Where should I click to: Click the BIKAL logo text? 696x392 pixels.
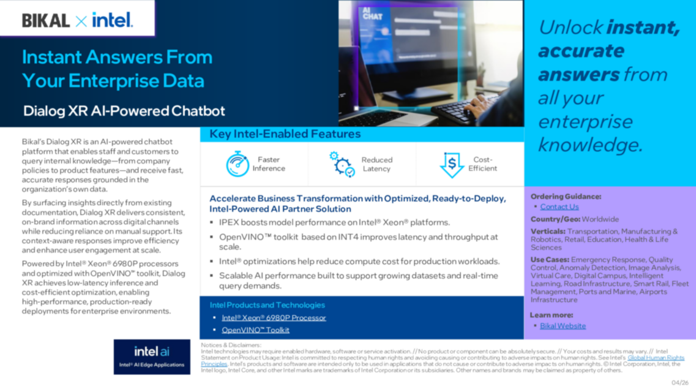click(x=46, y=20)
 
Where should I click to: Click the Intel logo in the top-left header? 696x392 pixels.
click(x=112, y=20)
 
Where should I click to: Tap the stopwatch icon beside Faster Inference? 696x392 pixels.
click(x=237, y=164)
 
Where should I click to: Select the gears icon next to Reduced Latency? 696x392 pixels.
click(x=342, y=164)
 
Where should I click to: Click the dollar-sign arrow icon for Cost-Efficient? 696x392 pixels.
click(x=452, y=164)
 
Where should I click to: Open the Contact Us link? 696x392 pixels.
click(x=559, y=207)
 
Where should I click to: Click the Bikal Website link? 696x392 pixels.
click(x=563, y=326)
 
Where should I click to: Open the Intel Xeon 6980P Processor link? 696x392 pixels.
click(x=274, y=318)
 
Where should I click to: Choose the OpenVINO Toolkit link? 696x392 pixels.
click(x=255, y=330)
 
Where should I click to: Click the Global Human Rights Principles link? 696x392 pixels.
click(x=656, y=358)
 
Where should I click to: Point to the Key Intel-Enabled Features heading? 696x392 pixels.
click(x=285, y=134)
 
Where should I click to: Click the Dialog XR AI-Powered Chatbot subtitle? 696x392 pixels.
click(x=124, y=111)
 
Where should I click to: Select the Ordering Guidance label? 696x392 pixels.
click(x=566, y=197)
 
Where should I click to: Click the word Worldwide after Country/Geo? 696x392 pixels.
click(x=600, y=219)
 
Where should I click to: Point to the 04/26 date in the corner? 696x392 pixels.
click(x=680, y=383)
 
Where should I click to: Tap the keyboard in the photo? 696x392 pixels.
click(x=462, y=110)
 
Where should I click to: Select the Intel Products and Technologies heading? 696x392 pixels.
click(x=267, y=305)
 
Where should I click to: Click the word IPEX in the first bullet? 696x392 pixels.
click(x=230, y=222)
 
